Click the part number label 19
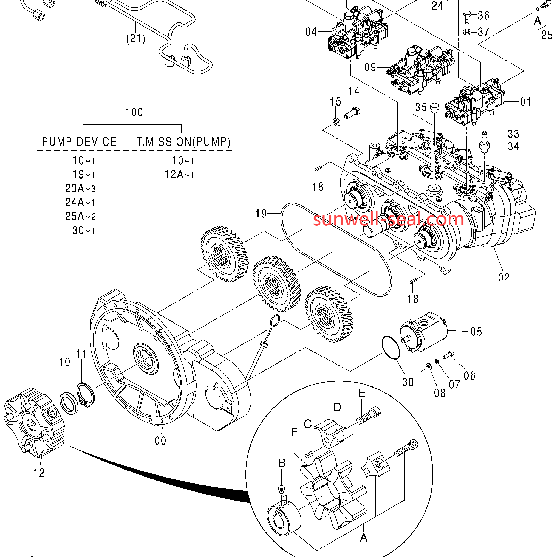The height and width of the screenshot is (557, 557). [x=261, y=214]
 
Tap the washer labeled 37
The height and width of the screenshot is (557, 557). [x=467, y=31]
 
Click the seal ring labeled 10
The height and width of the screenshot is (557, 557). [x=69, y=403]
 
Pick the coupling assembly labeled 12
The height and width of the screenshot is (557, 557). [x=34, y=423]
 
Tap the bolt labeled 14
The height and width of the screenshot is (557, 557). [x=352, y=113]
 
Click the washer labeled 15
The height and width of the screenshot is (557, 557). [x=336, y=122]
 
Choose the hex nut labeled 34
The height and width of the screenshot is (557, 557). [x=484, y=146]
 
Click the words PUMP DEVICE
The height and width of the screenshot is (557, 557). [x=79, y=142]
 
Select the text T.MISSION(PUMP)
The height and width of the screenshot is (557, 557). [x=183, y=142]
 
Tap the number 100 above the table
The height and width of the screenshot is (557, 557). [x=134, y=112]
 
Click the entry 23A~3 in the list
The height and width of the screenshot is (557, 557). [x=80, y=189]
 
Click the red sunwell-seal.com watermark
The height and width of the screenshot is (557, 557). [x=388, y=219]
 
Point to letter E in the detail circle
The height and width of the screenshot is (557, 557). [x=361, y=393]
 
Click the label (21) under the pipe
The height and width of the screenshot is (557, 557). [x=135, y=38]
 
